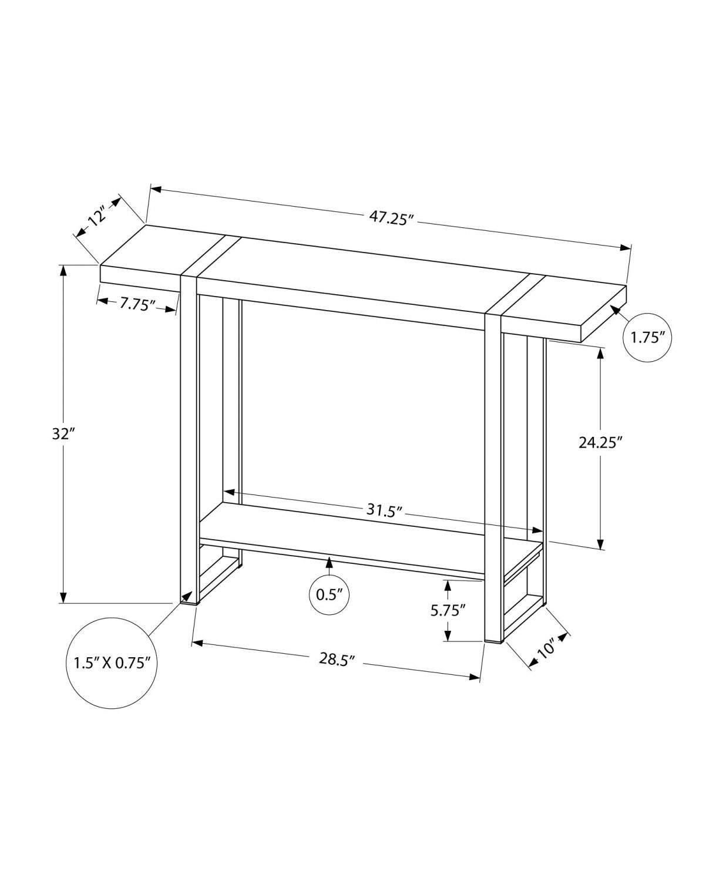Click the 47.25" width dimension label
(392, 217)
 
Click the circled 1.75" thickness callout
(647, 338)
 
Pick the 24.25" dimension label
(600, 442)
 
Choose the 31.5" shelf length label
(384, 509)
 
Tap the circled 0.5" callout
(329, 594)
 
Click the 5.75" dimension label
(448, 610)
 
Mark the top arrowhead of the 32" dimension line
(63, 271)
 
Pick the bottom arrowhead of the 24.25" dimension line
(600, 544)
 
